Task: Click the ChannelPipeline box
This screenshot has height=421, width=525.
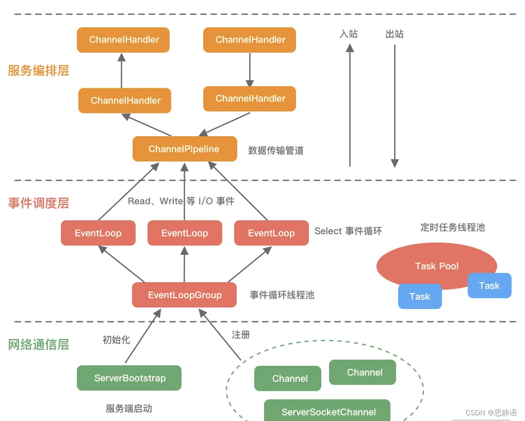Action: [x=185, y=149]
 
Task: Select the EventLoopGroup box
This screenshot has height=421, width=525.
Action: [x=185, y=295]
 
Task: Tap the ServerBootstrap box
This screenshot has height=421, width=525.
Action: [x=129, y=378]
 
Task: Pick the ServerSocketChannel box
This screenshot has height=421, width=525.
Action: [x=327, y=411]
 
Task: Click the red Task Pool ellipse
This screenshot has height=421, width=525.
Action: [x=436, y=266]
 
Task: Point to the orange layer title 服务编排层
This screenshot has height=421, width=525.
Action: [x=39, y=71]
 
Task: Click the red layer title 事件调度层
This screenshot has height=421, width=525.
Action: [x=39, y=203]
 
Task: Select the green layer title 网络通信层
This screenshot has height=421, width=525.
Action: [x=39, y=345]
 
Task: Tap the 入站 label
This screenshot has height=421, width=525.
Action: [x=349, y=34]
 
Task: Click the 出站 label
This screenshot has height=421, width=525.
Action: [x=395, y=34]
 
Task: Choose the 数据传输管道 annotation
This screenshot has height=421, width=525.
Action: [x=276, y=151]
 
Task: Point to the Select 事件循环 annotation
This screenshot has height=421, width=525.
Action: [x=348, y=231]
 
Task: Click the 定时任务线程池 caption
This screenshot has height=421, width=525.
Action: [x=452, y=228]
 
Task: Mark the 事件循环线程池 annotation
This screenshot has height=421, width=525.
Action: [x=282, y=295]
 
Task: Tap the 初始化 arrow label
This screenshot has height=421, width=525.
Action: [x=116, y=339]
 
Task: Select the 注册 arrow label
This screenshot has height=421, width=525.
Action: [x=241, y=335]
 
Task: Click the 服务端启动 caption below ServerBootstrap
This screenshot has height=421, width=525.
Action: [x=129, y=409]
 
